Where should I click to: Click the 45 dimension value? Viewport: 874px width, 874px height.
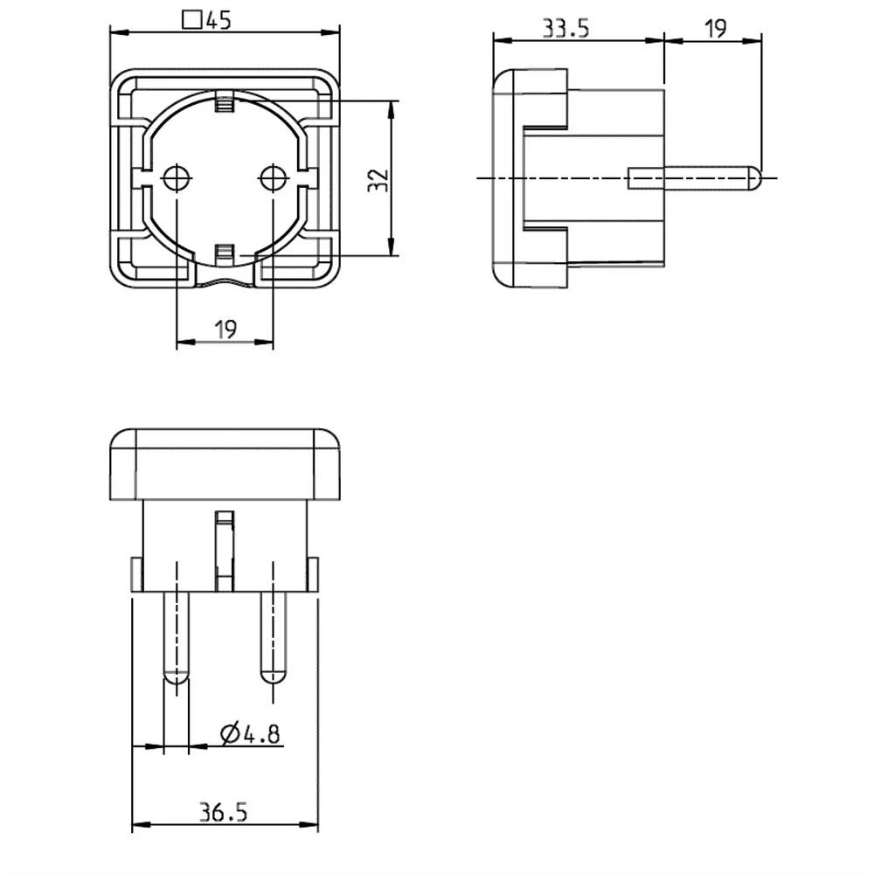click(x=218, y=20)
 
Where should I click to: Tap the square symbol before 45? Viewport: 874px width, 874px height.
click(x=191, y=20)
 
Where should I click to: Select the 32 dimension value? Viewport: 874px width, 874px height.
click(x=377, y=181)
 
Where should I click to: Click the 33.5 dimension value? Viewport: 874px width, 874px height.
click(x=565, y=28)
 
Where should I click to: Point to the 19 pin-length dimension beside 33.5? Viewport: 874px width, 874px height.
click(x=715, y=28)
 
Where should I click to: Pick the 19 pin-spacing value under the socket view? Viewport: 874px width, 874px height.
click(x=225, y=329)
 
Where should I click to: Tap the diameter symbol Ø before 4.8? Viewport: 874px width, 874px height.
click(x=230, y=734)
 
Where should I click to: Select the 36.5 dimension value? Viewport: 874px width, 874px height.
click(x=223, y=813)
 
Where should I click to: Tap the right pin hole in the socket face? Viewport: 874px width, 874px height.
click(x=273, y=178)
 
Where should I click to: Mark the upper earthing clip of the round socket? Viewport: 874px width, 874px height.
click(x=225, y=105)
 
